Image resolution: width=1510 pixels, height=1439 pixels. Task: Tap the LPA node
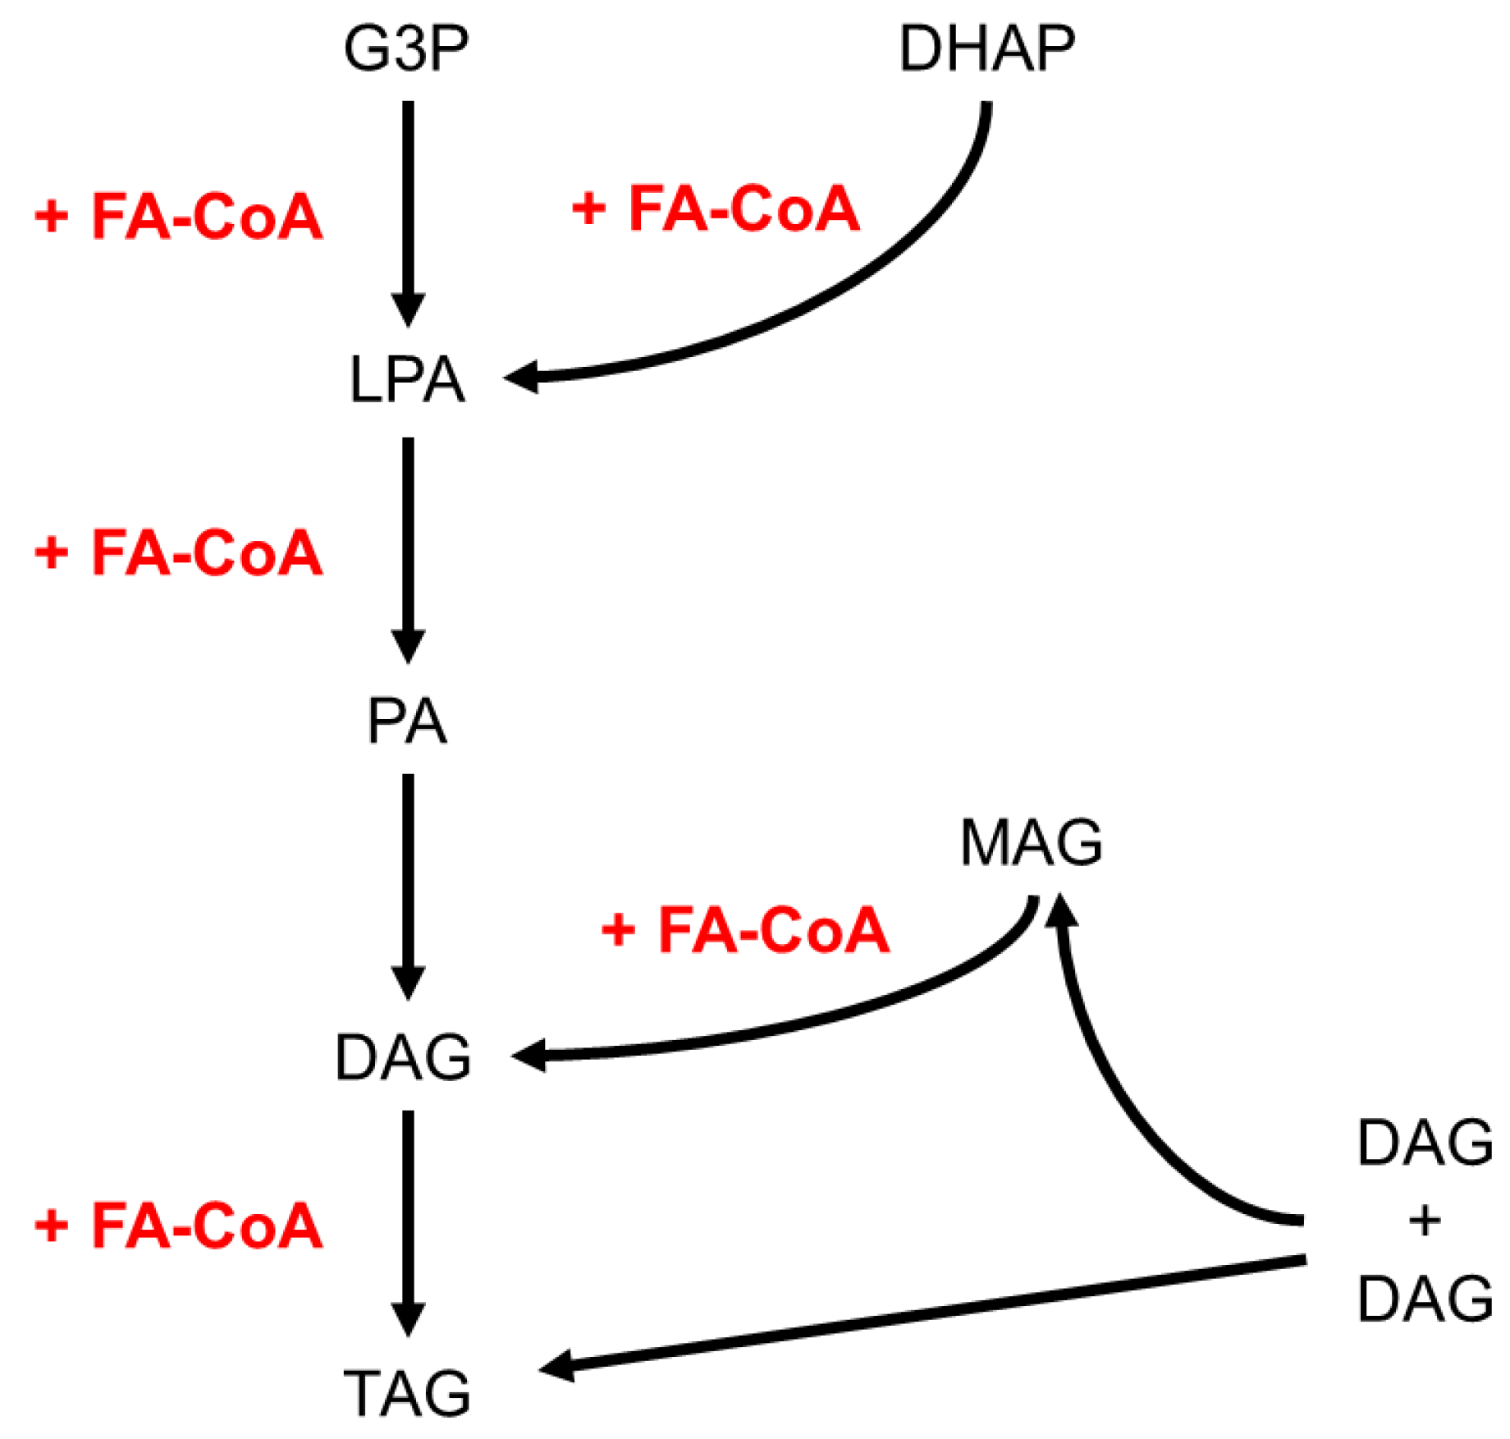[407, 379]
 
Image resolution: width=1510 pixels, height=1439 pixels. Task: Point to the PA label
[407, 722]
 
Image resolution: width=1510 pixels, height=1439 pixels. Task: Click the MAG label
[1032, 842]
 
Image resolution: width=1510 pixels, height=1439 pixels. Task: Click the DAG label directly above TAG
[404, 1056]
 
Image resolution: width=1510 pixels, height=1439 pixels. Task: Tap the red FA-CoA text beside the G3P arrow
[179, 217]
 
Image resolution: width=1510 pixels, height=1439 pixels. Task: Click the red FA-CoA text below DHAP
[716, 209]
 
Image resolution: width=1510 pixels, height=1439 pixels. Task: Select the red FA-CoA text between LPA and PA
[179, 552]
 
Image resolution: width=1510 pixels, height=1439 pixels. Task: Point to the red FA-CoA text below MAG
[746, 930]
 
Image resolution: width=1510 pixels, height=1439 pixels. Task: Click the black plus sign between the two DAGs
[1425, 1221]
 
